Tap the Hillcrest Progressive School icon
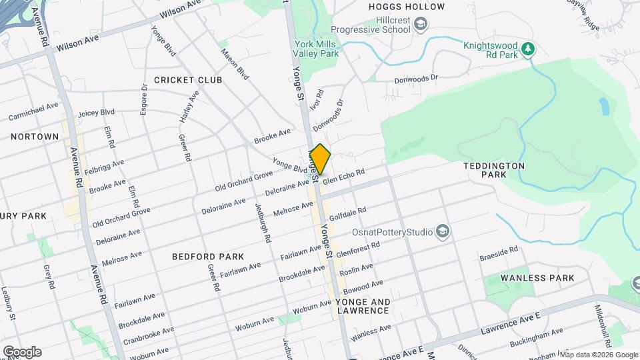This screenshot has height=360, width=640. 421,25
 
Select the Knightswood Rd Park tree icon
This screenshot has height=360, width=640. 528,48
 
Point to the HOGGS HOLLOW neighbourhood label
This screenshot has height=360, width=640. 406,7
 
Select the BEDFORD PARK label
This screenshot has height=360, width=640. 207,256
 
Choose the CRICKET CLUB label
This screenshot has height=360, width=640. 187,80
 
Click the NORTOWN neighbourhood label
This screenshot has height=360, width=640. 35,136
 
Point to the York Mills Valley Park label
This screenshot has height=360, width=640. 316,49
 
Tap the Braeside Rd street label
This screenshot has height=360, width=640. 499,253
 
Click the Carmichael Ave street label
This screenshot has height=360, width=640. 33,111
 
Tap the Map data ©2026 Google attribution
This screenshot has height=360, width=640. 598,354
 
